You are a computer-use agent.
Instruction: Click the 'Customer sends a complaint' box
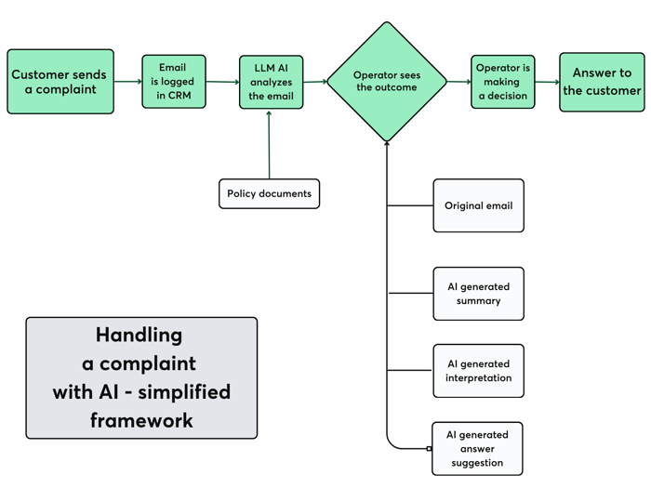tap(60, 82)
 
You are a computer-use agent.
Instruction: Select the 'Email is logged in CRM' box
tap(174, 82)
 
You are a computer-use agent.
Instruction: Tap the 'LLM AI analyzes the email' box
tap(272, 82)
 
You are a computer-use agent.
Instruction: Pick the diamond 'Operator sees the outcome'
tap(387, 82)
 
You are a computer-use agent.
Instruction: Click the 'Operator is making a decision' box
tap(502, 82)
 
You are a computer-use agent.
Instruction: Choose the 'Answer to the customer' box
tap(602, 82)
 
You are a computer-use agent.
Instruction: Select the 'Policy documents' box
tap(269, 193)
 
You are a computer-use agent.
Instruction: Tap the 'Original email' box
tap(478, 205)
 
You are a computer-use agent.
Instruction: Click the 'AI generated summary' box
tap(478, 294)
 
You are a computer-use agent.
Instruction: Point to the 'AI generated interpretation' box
tap(478, 371)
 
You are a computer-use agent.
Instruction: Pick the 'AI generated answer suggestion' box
tap(477, 449)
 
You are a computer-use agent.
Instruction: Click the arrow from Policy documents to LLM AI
tap(269, 145)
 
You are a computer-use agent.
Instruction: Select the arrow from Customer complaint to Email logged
tap(128, 82)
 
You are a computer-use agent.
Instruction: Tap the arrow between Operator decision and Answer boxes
tap(547, 82)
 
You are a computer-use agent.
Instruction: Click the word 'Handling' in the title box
tap(139, 336)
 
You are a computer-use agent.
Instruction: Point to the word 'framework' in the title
tap(141, 420)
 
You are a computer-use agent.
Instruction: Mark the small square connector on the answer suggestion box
tap(429, 449)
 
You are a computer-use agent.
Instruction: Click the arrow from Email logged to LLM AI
tap(222, 82)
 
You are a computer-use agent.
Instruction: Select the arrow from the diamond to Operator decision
tap(458, 82)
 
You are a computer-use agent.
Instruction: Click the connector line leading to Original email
tap(410, 205)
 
